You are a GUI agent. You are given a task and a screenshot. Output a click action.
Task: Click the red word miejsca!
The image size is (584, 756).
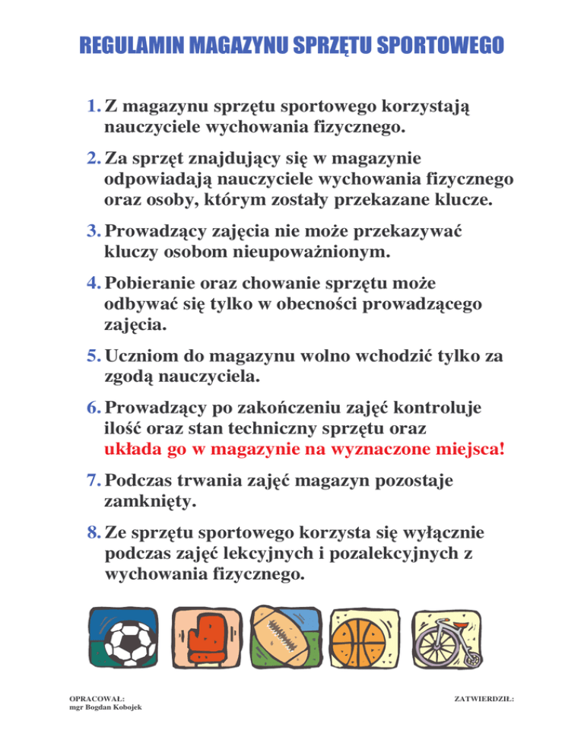465,448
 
